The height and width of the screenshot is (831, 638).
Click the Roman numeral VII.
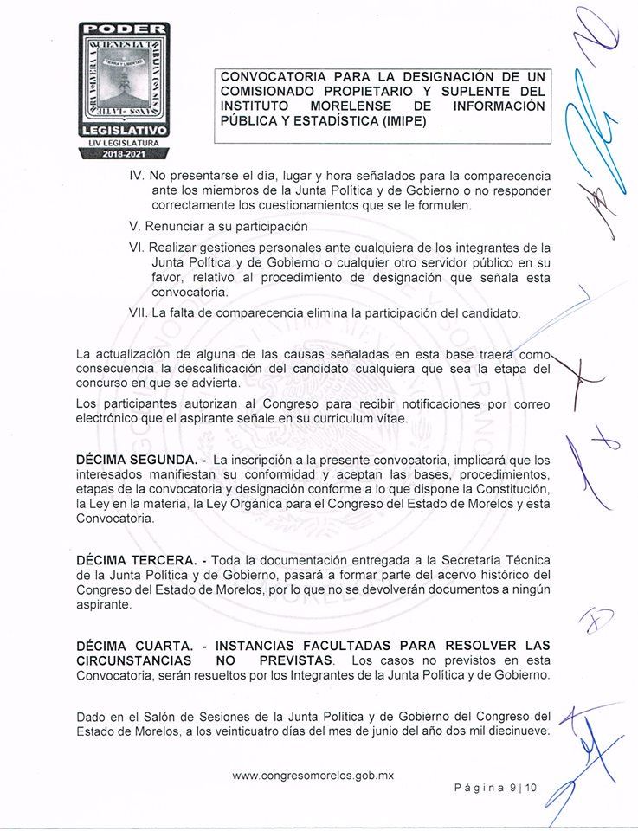(x=137, y=313)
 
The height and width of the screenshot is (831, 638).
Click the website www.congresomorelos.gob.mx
(x=313, y=776)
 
